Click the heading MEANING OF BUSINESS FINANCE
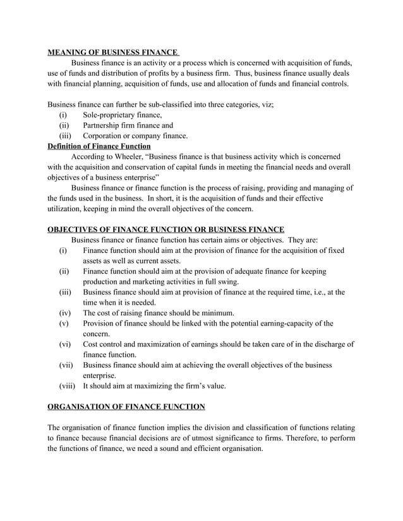[113, 53]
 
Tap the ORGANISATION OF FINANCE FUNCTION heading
[126, 406]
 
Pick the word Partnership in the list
[105, 126]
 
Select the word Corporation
[107, 136]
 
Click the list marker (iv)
[65, 313]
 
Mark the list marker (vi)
[65, 344]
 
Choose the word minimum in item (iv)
[217, 313]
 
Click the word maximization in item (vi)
[158, 344]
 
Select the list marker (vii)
[66, 365]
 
